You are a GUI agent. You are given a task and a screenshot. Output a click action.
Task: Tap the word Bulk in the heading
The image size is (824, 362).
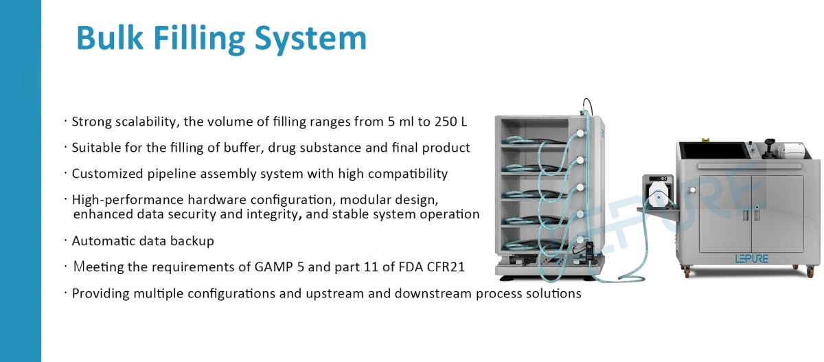110,37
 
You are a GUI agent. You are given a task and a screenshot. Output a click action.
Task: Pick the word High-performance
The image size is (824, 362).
128,200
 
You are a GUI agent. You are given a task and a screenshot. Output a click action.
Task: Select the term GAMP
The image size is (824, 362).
274,267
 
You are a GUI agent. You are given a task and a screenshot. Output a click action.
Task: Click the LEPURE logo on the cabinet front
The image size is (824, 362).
751,259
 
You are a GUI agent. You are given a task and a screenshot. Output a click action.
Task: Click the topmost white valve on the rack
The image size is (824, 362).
580,133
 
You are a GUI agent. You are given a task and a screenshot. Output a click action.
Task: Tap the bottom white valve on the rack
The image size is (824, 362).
580,240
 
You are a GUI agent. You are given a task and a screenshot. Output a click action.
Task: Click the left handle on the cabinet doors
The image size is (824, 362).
746,215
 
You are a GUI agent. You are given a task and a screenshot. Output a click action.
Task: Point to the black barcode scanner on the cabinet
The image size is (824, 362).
769,148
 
